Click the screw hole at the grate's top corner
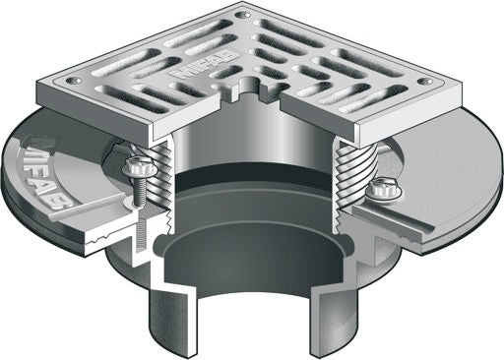click(x=241, y=15)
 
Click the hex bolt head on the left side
click(x=137, y=168)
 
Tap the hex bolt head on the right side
click(x=381, y=189)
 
